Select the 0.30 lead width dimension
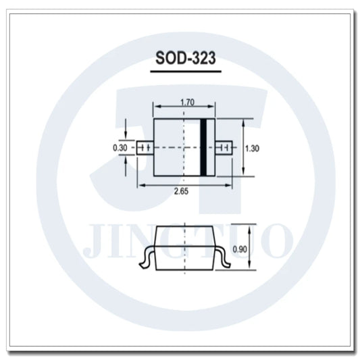[120, 147]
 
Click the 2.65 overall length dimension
[181, 192]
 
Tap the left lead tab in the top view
[143, 147]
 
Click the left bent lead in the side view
[147, 258]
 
